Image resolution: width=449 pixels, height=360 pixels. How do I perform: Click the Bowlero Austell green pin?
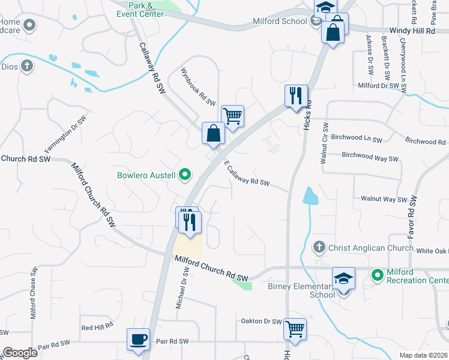tap(185, 175)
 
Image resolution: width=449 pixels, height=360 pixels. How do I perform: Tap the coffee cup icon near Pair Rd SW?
tap(138, 339)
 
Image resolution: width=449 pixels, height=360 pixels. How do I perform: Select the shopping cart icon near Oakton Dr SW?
tap(295, 328)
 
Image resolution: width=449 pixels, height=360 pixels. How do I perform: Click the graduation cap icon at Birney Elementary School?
tap(343, 278)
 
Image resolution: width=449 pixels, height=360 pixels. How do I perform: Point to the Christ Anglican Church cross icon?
tap(319, 247)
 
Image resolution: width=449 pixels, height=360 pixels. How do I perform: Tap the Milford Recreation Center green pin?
tap(378, 275)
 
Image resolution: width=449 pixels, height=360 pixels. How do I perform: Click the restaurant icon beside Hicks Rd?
tap(296, 96)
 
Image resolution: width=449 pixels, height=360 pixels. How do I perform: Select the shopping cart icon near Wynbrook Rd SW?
tap(232, 115)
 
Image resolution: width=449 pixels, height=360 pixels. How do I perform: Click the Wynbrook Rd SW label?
tap(198, 87)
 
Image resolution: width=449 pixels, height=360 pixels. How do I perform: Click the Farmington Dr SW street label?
tap(62, 133)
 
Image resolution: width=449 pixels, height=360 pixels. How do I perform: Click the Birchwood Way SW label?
tap(370, 158)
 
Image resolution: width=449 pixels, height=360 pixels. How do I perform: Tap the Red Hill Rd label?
tap(97, 327)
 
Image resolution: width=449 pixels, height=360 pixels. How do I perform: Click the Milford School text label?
tap(286, 22)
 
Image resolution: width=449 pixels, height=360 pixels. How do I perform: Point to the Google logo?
tap(20, 352)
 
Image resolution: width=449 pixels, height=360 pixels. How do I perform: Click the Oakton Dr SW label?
tap(261, 322)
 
